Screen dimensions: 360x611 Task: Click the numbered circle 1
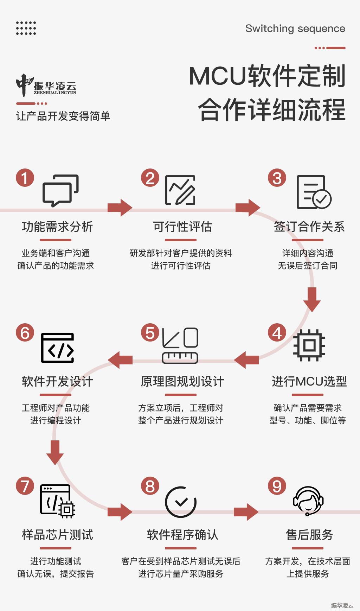click(x=25, y=178)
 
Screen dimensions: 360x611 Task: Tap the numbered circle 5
click(x=150, y=333)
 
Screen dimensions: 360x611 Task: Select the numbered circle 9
click(x=277, y=486)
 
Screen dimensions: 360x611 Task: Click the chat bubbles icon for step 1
click(x=60, y=191)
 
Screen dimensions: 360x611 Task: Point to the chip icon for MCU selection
click(x=309, y=345)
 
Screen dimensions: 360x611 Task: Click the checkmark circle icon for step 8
click(x=181, y=502)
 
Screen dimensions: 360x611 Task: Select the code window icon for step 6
click(x=58, y=348)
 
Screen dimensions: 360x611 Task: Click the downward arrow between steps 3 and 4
click(x=312, y=299)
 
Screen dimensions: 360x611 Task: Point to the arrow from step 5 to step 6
click(x=120, y=360)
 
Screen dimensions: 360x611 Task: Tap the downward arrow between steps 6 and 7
click(x=55, y=452)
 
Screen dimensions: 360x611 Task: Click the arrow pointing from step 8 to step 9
click(x=246, y=512)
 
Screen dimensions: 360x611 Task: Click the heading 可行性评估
click(x=182, y=227)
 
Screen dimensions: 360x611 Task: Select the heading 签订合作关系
click(x=309, y=227)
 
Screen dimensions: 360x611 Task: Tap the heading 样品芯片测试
click(x=57, y=535)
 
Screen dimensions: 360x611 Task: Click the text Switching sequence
click(x=295, y=28)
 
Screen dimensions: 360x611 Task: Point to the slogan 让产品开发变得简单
click(x=63, y=116)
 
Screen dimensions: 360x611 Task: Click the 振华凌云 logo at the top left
click(x=46, y=85)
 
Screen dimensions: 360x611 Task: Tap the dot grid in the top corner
click(x=26, y=28)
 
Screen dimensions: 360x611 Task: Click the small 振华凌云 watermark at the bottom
click(x=342, y=605)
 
